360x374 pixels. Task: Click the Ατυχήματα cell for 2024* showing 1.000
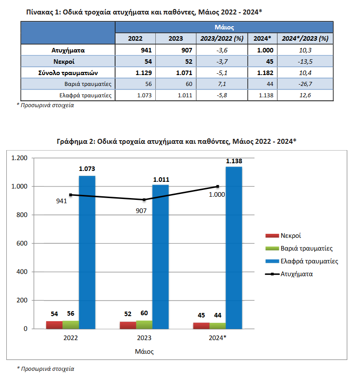[x=265, y=50]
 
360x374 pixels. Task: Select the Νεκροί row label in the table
[x=64, y=62]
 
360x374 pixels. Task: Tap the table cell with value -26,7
[x=305, y=84]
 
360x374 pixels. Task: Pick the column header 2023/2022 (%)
[x=222, y=38]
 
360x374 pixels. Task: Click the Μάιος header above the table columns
[x=224, y=27]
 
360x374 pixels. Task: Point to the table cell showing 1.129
[x=144, y=73]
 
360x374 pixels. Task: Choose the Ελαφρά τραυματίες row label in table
[x=85, y=95]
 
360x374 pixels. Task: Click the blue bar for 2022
[x=87, y=252]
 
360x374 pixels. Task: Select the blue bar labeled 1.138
[x=234, y=248]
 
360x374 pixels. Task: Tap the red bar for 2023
[x=128, y=325]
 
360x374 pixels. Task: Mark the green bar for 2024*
[x=218, y=326]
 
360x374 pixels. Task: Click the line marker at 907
[x=144, y=199]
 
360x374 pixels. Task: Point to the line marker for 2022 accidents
[x=71, y=195]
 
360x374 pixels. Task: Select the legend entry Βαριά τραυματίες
[x=299, y=248]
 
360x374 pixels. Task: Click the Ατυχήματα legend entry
[x=289, y=274]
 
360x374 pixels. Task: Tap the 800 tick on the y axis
[x=22, y=215]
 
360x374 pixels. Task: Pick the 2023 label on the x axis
[x=144, y=338]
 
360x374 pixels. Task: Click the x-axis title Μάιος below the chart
[x=144, y=351]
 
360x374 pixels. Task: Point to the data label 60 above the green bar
[x=144, y=313]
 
